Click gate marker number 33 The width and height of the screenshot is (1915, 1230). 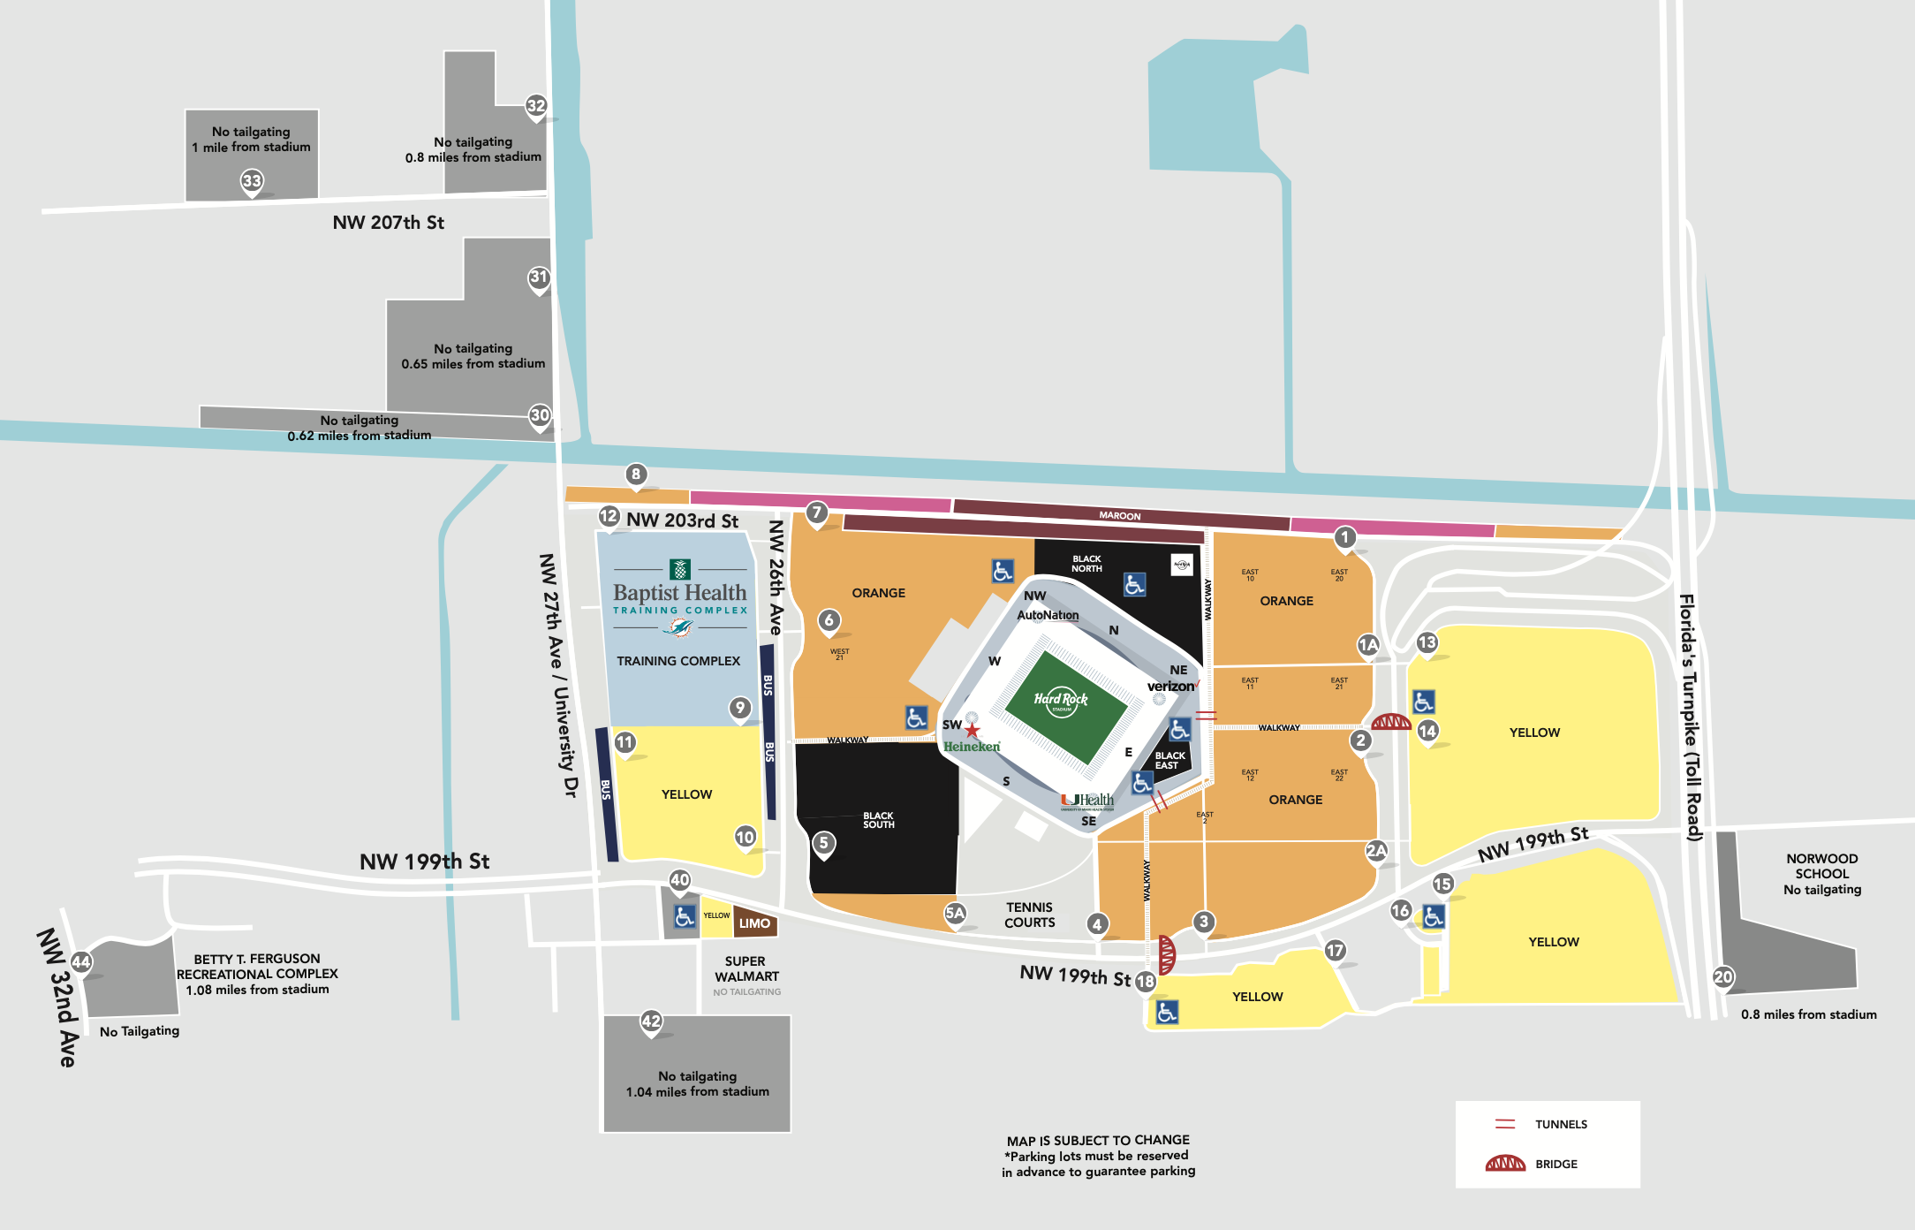[252, 181]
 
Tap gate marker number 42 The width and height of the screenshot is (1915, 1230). [651, 1021]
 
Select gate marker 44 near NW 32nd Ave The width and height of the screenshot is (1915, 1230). [81, 962]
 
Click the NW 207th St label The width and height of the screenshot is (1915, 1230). [388, 223]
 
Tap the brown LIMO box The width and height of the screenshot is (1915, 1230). [754, 923]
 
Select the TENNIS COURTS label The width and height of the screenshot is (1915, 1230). [1029, 915]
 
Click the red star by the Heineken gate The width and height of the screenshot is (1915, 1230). [973, 731]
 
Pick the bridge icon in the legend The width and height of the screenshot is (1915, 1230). [1505, 1163]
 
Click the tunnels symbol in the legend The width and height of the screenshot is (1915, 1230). [1505, 1124]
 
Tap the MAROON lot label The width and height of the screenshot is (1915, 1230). [1119, 515]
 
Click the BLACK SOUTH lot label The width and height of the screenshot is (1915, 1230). [878, 820]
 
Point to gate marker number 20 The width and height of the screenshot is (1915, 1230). [1723, 976]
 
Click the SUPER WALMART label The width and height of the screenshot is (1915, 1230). [746, 968]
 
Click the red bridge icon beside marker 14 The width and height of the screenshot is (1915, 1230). [1391, 722]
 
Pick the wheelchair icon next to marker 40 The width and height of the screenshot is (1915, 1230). [685, 916]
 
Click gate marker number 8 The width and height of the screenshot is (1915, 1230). [636, 475]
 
